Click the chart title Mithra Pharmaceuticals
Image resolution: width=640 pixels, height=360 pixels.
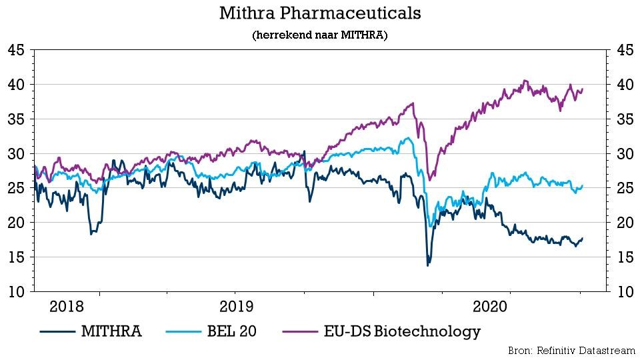click(x=320, y=13)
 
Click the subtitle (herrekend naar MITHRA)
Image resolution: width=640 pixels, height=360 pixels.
click(x=320, y=35)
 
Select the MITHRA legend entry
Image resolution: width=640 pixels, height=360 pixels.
click(x=91, y=331)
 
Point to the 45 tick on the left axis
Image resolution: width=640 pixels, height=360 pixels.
click(x=17, y=51)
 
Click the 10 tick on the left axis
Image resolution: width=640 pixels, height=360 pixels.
click(x=17, y=291)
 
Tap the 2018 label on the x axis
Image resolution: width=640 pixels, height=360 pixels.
click(x=67, y=307)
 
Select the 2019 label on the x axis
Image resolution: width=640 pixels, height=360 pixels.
click(x=235, y=307)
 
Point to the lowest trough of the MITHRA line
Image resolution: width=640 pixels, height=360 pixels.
click(x=427, y=265)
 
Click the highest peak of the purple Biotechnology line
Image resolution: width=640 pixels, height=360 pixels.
click(x=525, y=81)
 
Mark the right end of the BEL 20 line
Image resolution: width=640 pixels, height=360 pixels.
click(x=583, y=185)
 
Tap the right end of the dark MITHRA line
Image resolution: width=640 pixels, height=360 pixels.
click(x=583, y=238)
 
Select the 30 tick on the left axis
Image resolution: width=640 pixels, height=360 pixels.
click(x=17, y=154)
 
